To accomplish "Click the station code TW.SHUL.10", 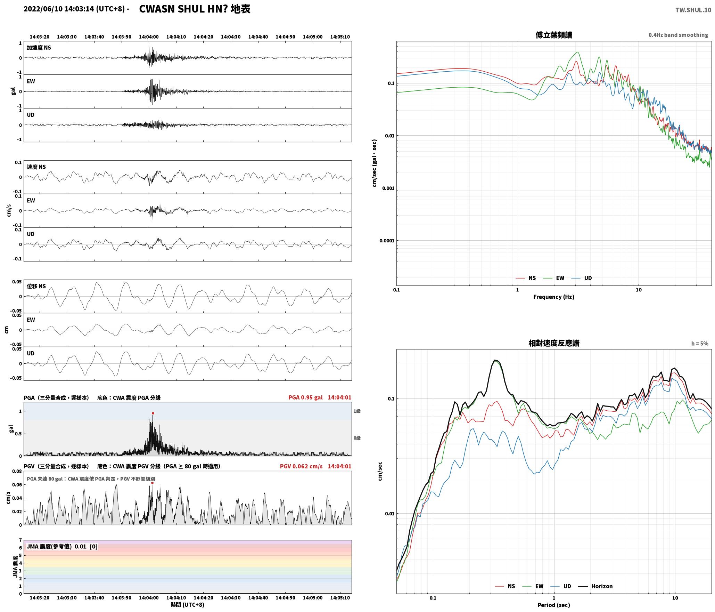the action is pos(693,10).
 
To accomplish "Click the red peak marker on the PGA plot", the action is pos(153,413).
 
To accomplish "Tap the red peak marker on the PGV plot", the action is pos(152,483).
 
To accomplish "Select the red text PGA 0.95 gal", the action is pos(305,397).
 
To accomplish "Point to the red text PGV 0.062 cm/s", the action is pos(301,466).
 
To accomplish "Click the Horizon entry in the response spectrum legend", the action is pos(595,586).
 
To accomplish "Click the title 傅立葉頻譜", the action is pos(554,35).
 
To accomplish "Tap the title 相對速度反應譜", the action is pos(554,343).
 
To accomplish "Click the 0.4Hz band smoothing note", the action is pos(678,35).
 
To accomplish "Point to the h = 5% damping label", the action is pos(699,343).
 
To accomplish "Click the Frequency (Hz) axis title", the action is pos(554,297).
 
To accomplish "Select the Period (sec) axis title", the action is pos(554,605).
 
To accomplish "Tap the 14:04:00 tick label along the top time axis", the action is pos(149,37).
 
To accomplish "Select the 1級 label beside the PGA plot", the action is pos(357,411).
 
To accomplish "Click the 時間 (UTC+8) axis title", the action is pos(188,604).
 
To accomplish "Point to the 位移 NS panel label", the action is pos(36,286).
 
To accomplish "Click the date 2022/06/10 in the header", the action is pos(43,9).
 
